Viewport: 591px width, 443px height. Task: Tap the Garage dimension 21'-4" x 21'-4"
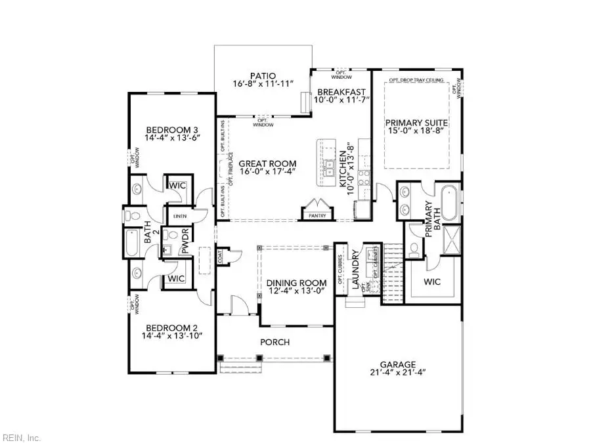tap(397, 373)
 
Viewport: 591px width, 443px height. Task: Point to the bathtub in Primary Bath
tap(450, 203)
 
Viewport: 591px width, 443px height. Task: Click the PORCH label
tap(274, 342)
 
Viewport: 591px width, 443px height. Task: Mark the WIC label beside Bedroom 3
tap(177, 186)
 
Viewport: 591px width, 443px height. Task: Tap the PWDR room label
tap(185, 240)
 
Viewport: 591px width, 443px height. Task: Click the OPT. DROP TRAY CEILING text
tap(415, 80)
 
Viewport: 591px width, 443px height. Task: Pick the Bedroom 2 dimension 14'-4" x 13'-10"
tap(171, 335)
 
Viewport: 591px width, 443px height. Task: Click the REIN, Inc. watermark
tap(22, 436)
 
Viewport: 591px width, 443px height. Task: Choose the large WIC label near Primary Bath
tap(431, 284)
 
